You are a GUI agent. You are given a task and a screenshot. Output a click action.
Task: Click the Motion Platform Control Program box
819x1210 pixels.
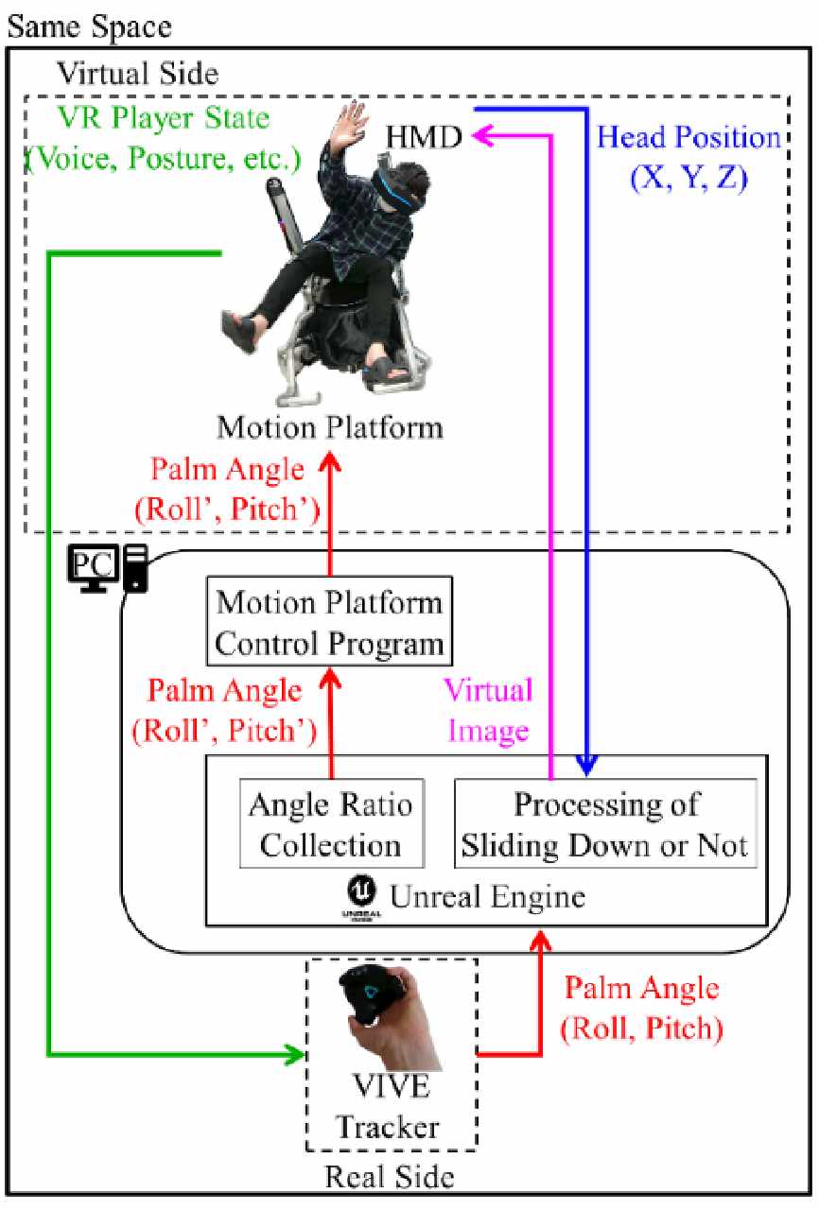click(x=329, y=623)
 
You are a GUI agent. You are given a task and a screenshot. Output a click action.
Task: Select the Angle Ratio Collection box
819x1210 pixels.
click(x=330, y=823)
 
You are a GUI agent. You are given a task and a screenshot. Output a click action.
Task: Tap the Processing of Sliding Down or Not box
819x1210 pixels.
click(x=605, y=823)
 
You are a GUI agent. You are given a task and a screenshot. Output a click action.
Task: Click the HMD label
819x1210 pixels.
click(x=423, y=139)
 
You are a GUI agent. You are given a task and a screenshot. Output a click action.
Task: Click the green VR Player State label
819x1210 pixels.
click(x=160, y=138)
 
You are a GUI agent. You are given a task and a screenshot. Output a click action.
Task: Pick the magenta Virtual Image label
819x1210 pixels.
click(x=488, y=709)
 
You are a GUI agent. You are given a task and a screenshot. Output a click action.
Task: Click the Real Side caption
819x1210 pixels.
click(x=390, y=1177)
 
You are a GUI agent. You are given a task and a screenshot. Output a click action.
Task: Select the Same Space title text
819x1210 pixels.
click(x=90, y=26)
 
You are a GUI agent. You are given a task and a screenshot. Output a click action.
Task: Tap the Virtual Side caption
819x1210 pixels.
click(x=138, y=72)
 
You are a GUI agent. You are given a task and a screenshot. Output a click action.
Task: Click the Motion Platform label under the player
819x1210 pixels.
click(x=330, y=427)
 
